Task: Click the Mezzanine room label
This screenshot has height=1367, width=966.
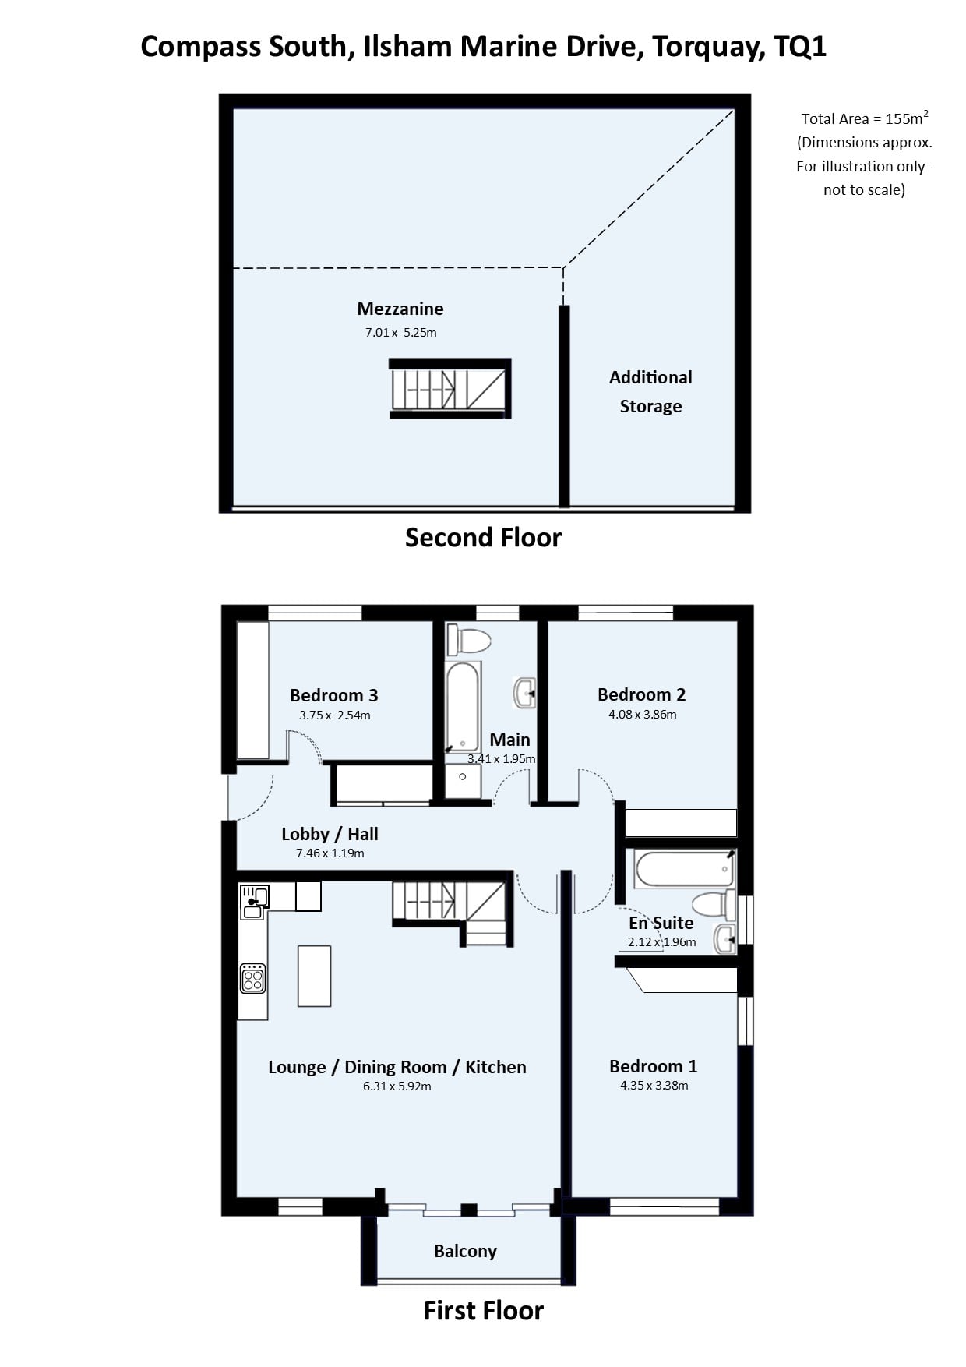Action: [400, 309]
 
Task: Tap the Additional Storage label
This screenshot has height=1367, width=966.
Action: [650, 391]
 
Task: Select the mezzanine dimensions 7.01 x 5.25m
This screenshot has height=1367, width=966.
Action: [400, 332]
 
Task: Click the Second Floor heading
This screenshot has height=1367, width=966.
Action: [483, 537]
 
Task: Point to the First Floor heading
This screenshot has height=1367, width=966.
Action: [483, 1310]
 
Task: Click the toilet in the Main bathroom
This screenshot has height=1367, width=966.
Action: [468, 641]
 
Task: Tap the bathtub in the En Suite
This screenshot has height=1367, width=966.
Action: [684, 868]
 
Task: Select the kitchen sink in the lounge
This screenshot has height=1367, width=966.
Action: [254, 901]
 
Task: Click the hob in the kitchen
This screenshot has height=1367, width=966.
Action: [253, 979]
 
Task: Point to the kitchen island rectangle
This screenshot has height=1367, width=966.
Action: [314, 976]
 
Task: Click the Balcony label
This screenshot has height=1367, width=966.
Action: [465, 1251]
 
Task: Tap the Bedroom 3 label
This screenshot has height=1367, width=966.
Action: [333, 695]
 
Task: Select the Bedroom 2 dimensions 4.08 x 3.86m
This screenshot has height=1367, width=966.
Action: [643, 714]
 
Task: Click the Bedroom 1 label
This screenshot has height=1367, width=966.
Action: [653, 1066]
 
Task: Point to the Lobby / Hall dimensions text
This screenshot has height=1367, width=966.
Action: [330, 853]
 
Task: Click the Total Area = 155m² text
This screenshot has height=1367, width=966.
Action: [865, 118]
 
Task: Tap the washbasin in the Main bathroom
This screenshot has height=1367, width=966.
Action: [525, 692]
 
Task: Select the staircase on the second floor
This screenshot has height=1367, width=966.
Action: [450, 389]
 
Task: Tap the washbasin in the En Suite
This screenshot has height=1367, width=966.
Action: [725, 939]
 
